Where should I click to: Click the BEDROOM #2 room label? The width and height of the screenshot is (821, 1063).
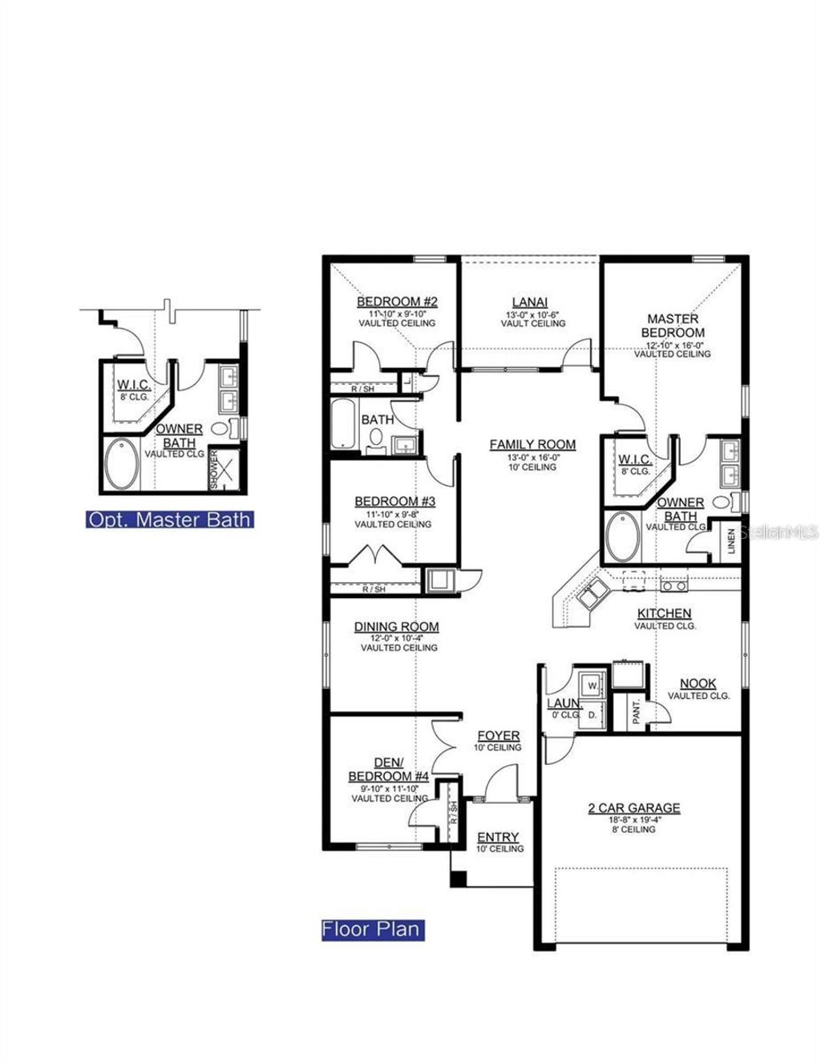[x=397, y=302]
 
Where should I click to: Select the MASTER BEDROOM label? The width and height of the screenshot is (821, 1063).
[x=673, y=325]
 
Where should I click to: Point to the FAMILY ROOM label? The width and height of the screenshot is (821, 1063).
[x=532, y=445]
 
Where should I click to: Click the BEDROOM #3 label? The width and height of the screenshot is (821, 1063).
[x=394, y=502]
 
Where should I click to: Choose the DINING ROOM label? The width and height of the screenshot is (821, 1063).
[x=397, y=627]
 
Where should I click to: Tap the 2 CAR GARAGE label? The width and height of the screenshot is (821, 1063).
[x=633, y=808]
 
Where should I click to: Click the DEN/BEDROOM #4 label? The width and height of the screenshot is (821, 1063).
[x=389, y=770]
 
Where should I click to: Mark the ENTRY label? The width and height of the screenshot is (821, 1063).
[x=498, y=838]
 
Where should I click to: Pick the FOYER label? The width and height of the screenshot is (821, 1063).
[x=499, y=736]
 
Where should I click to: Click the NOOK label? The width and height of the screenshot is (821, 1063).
[x=698, y=684]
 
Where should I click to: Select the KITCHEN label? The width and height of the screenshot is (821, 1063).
[x=664, y=614]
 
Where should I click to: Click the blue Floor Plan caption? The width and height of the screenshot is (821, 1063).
[x=371, y=929]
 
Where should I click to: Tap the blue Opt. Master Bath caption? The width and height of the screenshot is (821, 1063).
[x=169, y=519]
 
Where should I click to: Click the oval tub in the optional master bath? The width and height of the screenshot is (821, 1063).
[x=121, y=464]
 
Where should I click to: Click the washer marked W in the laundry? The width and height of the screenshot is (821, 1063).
[x=592, y=686]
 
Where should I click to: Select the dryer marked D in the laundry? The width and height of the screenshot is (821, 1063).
[x=592, y=713]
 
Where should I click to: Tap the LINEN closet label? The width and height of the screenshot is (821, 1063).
[x=730, y=540]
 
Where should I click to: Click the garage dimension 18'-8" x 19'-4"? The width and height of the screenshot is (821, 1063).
[x=633, y=819]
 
